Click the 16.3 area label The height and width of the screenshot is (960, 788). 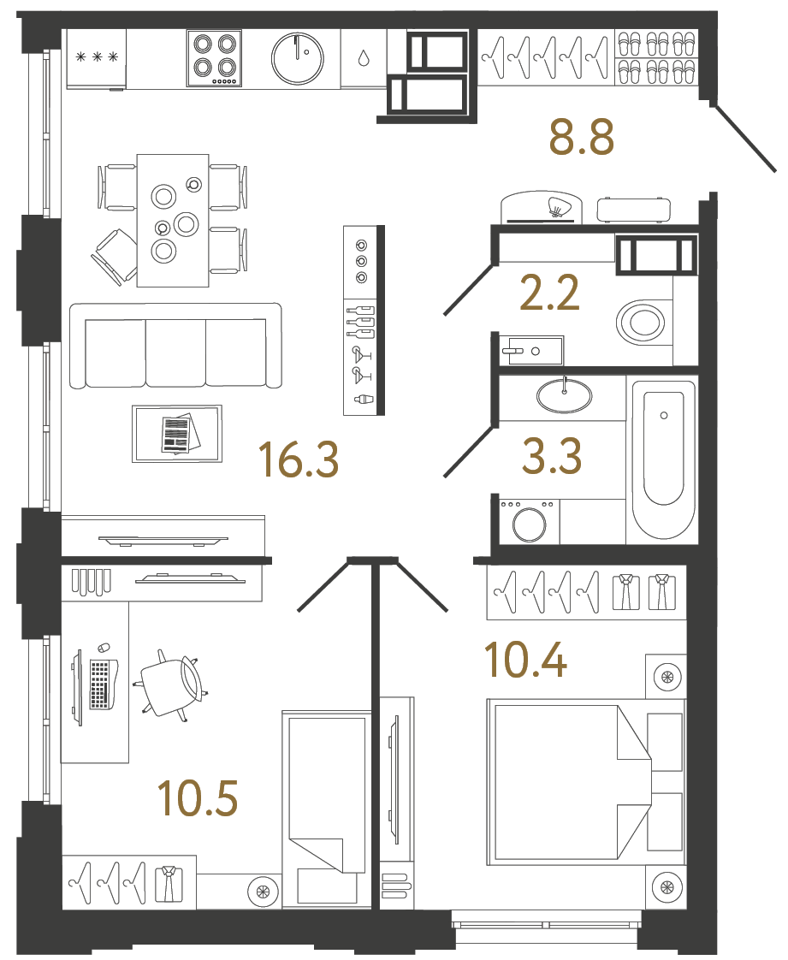tap(299, 459)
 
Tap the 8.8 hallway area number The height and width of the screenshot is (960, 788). tap(582, 138)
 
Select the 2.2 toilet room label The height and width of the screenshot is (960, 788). tap(550, 293)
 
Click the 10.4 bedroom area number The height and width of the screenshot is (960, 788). tap(525, 661)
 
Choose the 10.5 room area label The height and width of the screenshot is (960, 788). tap(198, 797)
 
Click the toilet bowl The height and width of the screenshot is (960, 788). tap(642, 323)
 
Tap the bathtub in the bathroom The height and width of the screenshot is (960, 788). tap(663, 459)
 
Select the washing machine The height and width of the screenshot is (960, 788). tap(529, 522)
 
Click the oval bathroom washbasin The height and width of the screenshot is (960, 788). tap(564, 395)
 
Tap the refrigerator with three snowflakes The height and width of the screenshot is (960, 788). tap(96, 58)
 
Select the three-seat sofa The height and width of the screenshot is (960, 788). tap(175, 345)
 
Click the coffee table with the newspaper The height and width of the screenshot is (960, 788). tap(177, 434)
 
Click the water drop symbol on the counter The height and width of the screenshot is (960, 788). tap(364, 58)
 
